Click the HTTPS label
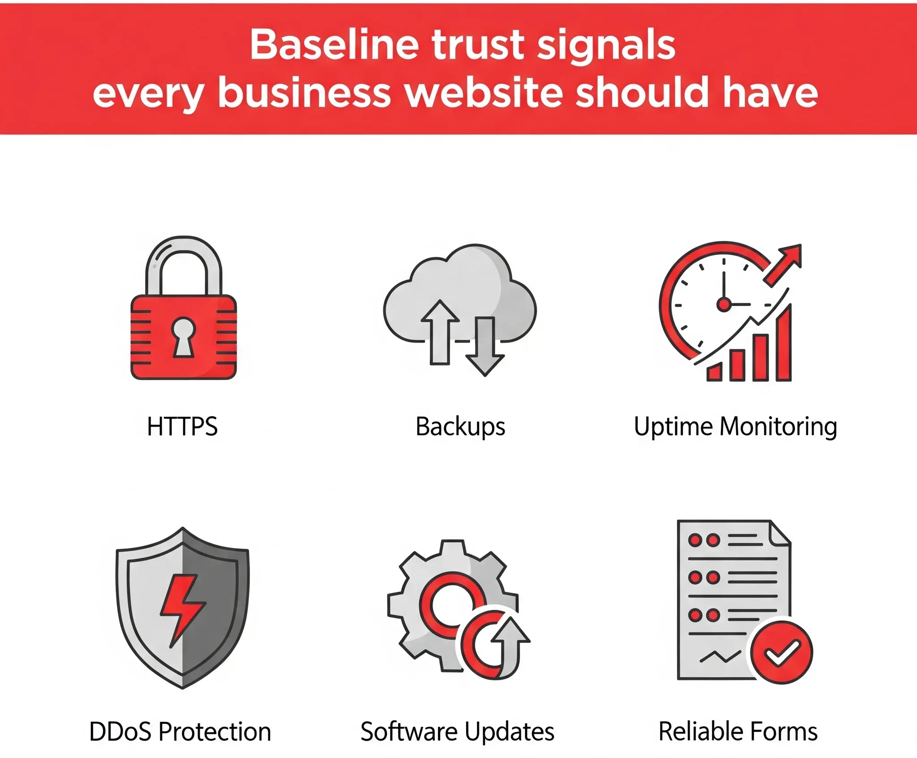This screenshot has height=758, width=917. click(x=182, y=426)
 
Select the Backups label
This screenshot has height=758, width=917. click(x=460, y=427)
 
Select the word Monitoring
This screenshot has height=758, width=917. click(x=778, y=427)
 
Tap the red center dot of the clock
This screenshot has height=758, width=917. click(x=724, y=304)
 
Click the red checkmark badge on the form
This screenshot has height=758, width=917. click(x=781, y=652)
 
